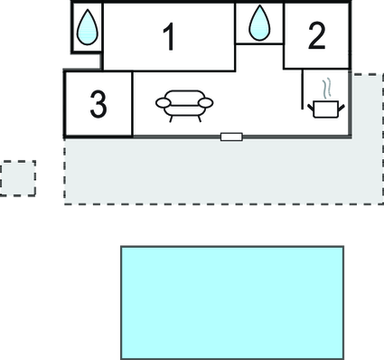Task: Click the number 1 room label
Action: (x=168, y=37)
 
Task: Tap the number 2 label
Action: (x=315, y=36)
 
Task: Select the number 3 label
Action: (x=98, y=104)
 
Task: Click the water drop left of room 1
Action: (x=87, y=28)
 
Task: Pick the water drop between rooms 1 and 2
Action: (x=259, y=23)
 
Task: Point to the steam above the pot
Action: (x=329, y=89)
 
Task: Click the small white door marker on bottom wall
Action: (x=231, y=137)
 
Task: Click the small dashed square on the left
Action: (x=18, y=178)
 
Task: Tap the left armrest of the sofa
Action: (x=164, y=103)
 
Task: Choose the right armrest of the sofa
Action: (x=207, y=103)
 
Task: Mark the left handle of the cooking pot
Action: (x=312, y=107)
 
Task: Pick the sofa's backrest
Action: (x=185, y=97)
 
